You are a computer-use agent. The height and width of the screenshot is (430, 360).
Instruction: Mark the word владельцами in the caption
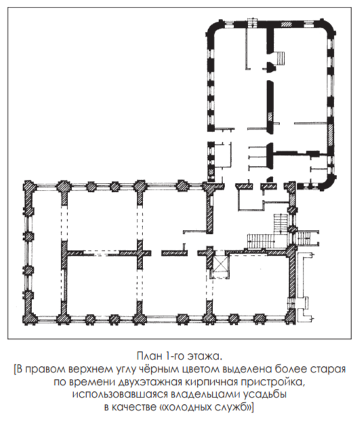coord(205,394)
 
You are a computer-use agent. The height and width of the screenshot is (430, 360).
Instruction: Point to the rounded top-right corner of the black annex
coord(328,27)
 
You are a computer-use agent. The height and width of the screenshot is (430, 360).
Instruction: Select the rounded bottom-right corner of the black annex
coord(328,183)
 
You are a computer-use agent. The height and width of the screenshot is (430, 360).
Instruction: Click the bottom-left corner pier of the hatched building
coord(29,318)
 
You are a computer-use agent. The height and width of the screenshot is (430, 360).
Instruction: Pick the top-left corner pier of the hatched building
coord(30,187)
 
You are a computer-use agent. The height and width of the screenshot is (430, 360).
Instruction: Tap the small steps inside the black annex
coord(280,58)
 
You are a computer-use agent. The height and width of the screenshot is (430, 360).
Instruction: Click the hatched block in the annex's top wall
coord(287,24)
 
